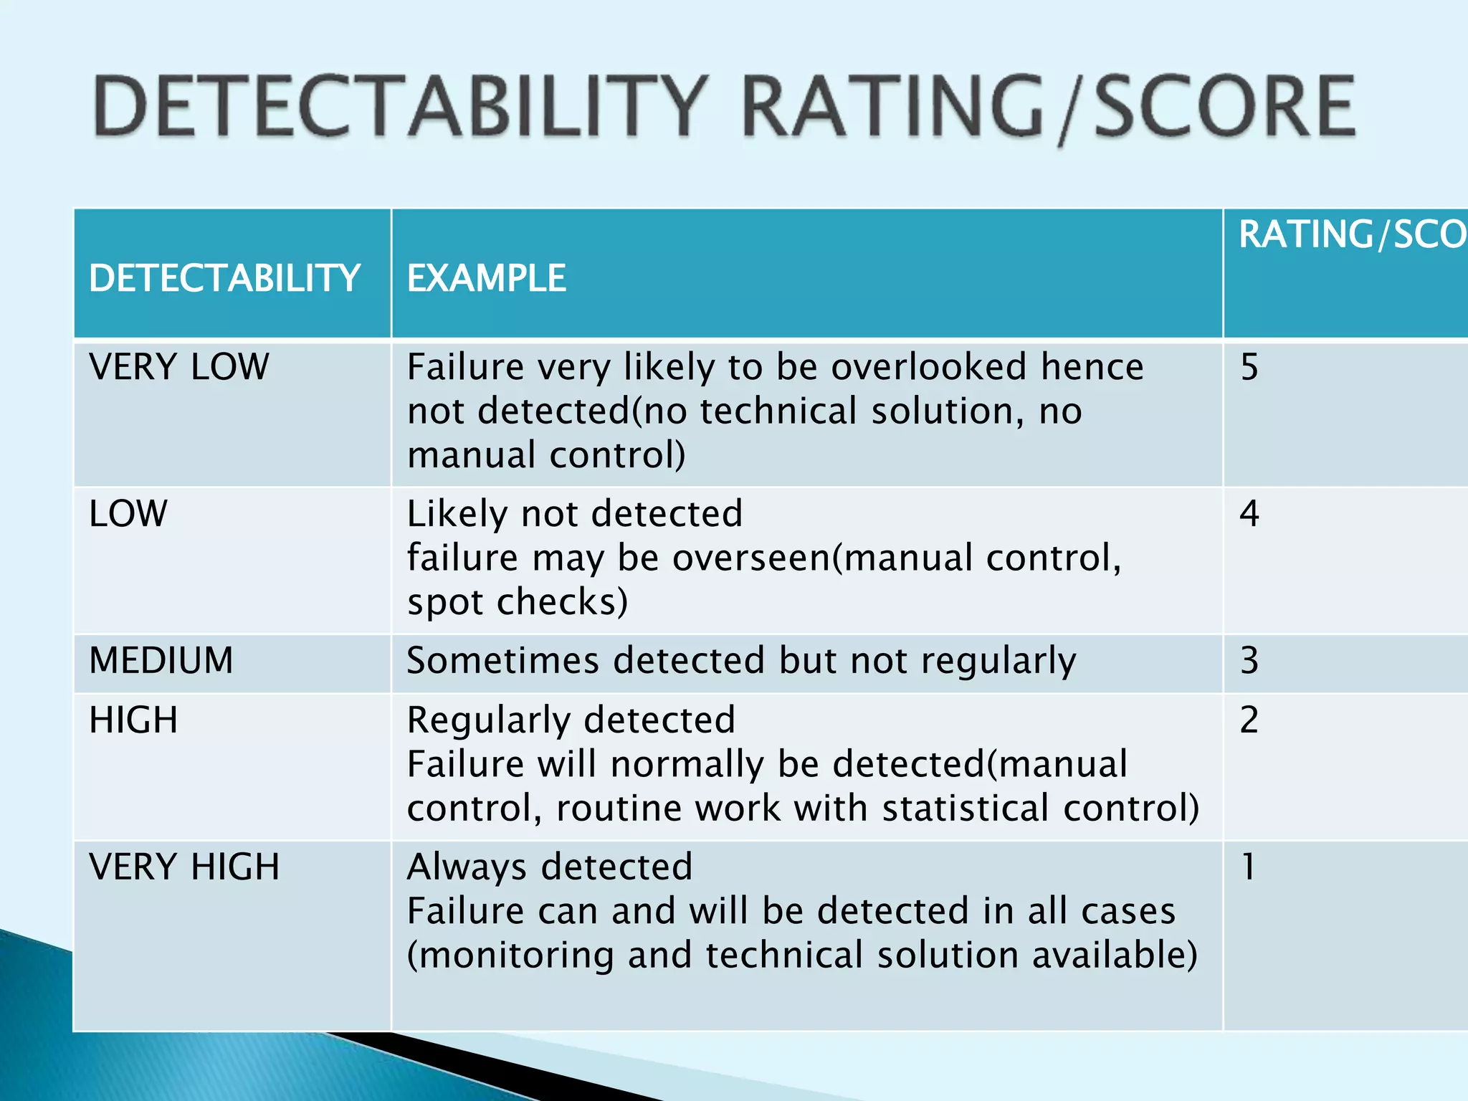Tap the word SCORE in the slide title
1224,108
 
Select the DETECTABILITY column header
224,278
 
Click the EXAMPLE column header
486,278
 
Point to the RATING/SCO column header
1351,234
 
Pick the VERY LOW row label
179,367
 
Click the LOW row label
128,514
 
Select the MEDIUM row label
161,660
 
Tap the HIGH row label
133,720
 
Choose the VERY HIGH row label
184,867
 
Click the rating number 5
1249,367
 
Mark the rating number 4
1249,514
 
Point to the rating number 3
1249,660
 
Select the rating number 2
1249,720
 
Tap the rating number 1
1248,867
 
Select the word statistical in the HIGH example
965,808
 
